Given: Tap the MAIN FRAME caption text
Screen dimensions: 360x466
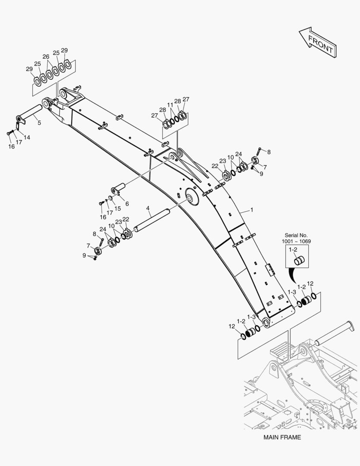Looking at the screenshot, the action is click(x=282, y=437).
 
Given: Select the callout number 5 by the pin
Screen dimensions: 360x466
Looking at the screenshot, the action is click(x=39, y=123).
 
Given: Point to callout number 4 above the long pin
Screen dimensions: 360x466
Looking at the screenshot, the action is click(x=148, y=208).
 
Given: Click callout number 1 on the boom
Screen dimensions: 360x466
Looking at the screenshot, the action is click(x=252, y=210).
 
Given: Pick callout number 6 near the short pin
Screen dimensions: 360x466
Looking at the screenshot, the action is click(x=127, y=204).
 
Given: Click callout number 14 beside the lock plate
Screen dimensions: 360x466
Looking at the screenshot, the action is click(x=27, y=137).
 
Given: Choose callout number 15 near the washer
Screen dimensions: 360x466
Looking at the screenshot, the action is click(x=118, y=209).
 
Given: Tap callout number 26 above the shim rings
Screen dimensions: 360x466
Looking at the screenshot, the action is click(x=46, y=57).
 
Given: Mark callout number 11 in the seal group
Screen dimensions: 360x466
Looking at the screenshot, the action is click(x=170, y=105).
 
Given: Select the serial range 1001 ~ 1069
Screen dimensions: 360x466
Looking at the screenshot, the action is click(x=296, y=241).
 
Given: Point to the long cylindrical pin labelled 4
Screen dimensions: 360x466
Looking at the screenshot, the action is click(x=151, y=220).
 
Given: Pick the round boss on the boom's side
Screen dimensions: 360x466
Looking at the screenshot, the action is click(x=191, y=196).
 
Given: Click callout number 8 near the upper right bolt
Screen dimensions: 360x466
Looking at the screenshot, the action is click(x=269, y=152).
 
